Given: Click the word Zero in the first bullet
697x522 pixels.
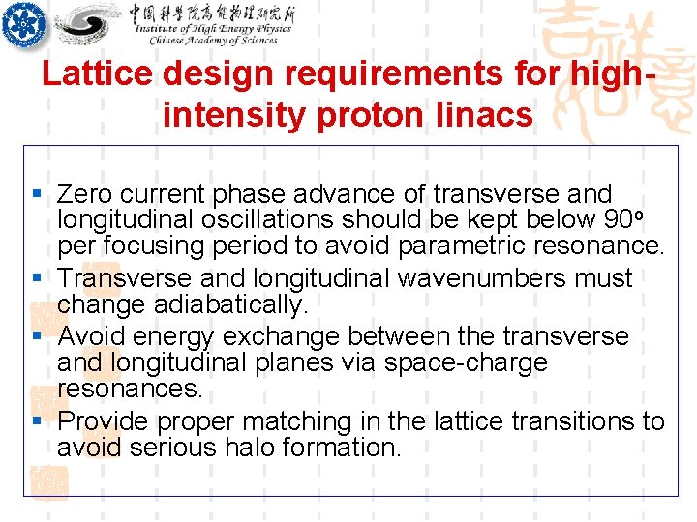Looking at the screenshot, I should tap(84, 194).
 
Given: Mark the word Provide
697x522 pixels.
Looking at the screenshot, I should tap(104, 421).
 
